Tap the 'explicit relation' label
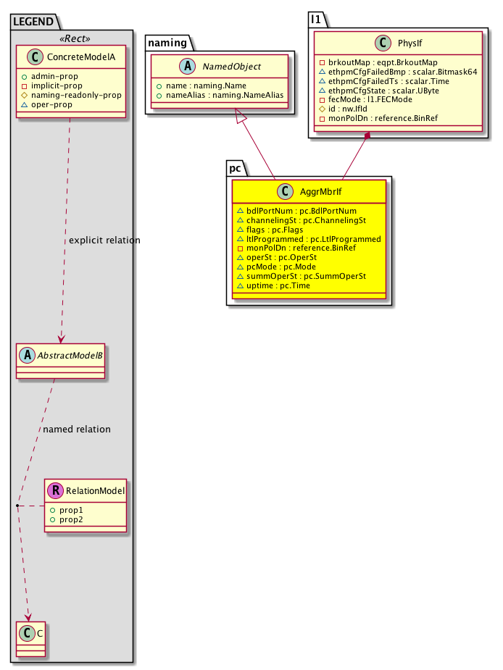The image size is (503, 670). click(x=104, y=240)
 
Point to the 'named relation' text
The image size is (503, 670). click(x=77, y=429)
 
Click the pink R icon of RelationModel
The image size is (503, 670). click(x=54, y=491)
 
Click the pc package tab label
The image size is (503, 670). click(x=235, y=167)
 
